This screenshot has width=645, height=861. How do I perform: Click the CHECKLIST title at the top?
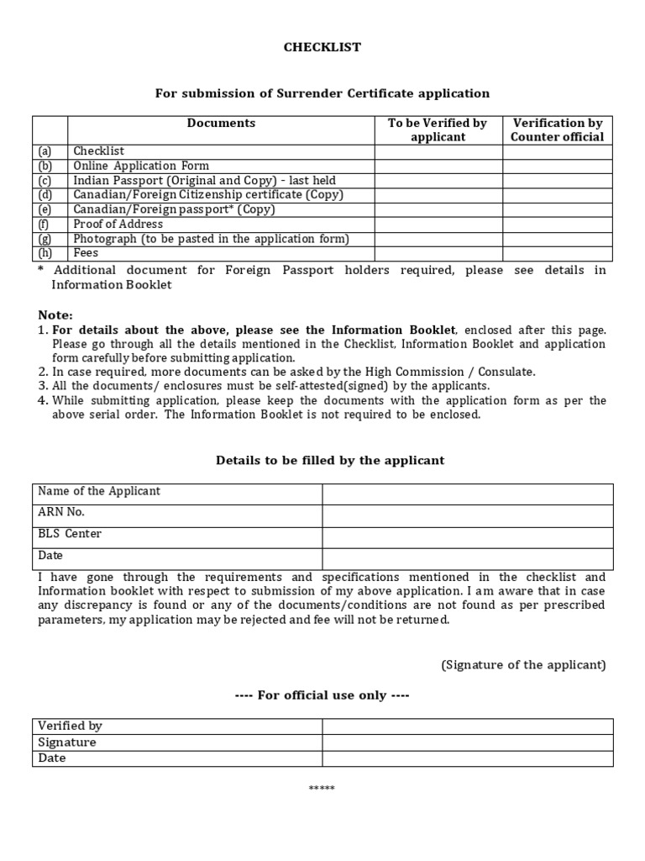point(322,47)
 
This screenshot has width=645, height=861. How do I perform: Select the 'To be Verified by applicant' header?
point(438,129)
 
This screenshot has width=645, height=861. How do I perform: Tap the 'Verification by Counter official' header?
point(558,129)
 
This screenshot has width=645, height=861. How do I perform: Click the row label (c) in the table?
point(45,181)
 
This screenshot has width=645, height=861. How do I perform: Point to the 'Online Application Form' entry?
point(141,166)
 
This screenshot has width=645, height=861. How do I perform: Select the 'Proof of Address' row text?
point(118,224)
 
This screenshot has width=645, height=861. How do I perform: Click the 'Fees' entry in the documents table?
point(86,253)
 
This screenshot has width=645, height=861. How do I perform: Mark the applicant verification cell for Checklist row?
point(438,151)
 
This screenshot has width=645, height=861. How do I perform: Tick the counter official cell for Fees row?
point(558,253)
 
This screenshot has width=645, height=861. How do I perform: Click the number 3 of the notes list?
point(42,385)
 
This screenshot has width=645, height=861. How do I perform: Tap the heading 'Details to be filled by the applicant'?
point(330,460)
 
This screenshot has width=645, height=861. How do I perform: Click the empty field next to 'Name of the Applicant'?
point(467,493)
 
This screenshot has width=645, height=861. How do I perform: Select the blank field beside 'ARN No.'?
point(467,515)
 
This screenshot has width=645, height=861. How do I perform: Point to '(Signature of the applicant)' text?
point(523,664)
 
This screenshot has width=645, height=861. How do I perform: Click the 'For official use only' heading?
point(322,695)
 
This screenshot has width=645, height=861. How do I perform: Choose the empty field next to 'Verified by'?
point(467,726)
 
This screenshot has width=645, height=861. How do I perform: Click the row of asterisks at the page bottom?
point(322,788)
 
